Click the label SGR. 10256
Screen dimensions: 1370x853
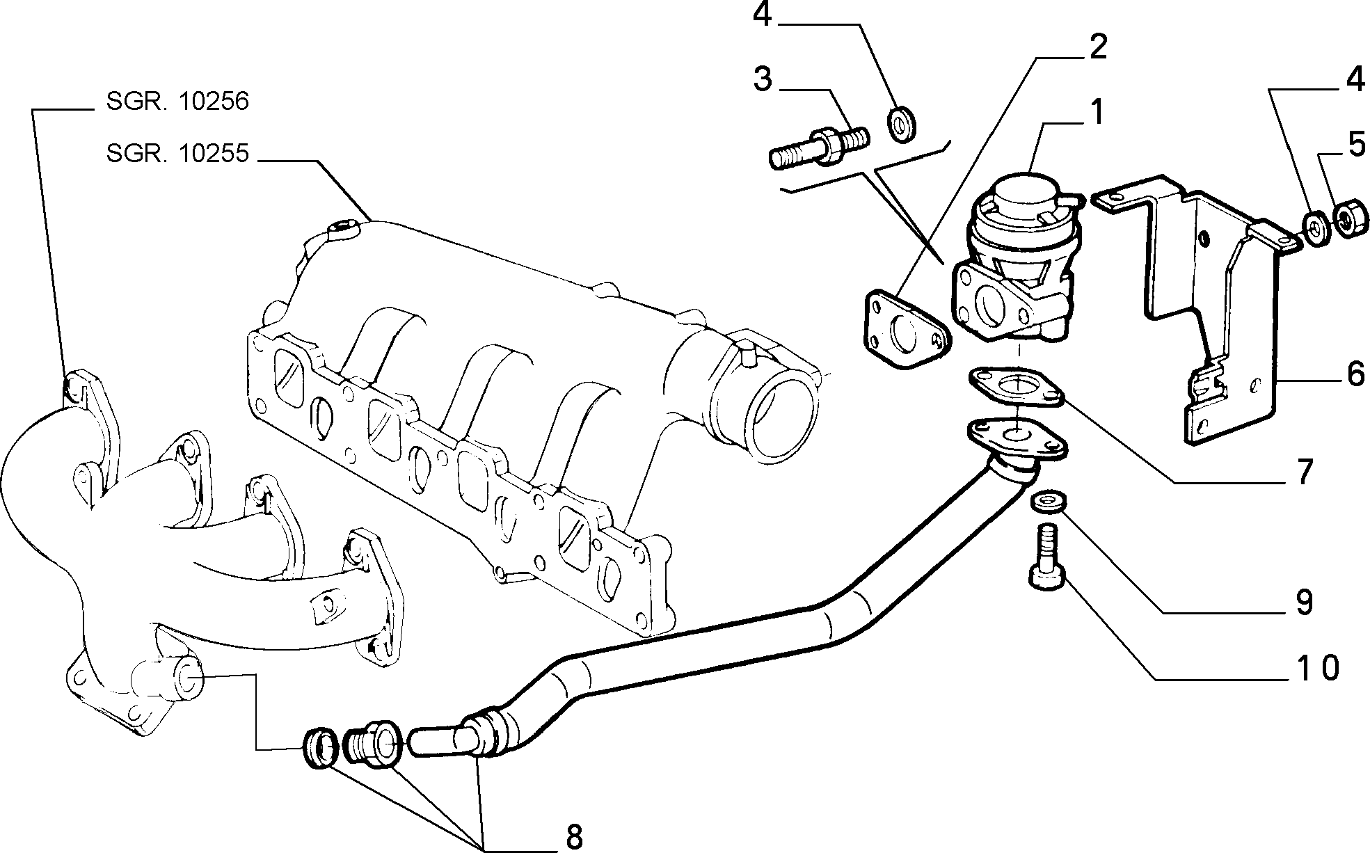click(x=177, y=102)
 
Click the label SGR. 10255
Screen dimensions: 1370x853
click(x=177, y=152)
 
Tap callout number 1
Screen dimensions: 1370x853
click(x=1096, y=112)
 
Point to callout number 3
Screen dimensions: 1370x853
click(x=763, y=80)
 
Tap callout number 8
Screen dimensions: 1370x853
click(x=574, y=837)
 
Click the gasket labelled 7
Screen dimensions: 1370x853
click(x=1017, y=387)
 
